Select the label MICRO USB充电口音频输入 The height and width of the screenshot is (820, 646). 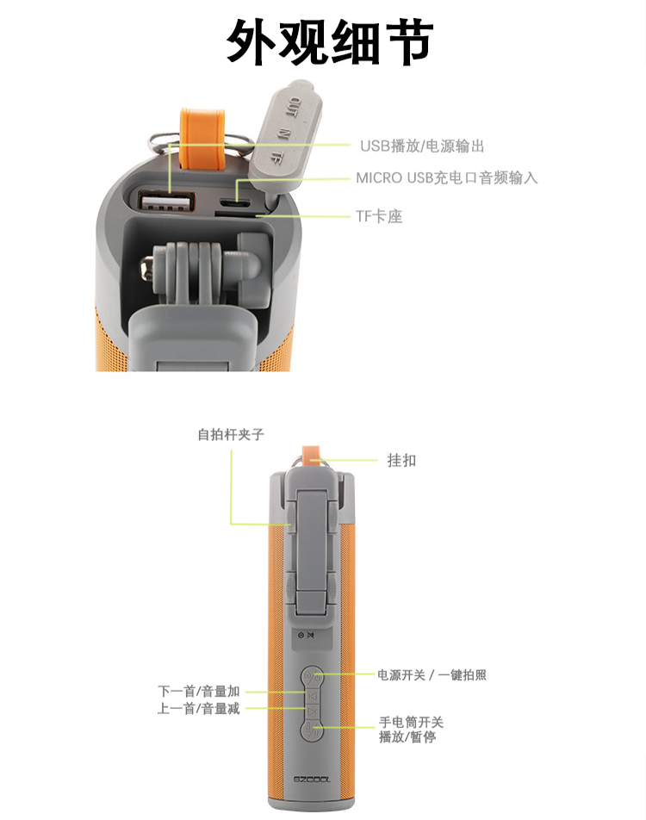click(447, 178)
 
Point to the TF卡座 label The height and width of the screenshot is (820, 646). click(380, 217)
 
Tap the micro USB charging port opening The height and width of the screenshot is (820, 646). click(231, 200)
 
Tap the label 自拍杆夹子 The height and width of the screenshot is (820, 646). click(231, 435)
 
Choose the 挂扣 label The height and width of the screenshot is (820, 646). click(401, 461)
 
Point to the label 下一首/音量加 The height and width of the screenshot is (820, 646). click(199, 692)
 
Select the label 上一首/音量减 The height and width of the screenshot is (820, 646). click(199, 709)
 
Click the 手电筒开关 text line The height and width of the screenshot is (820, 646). click(411, 723)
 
